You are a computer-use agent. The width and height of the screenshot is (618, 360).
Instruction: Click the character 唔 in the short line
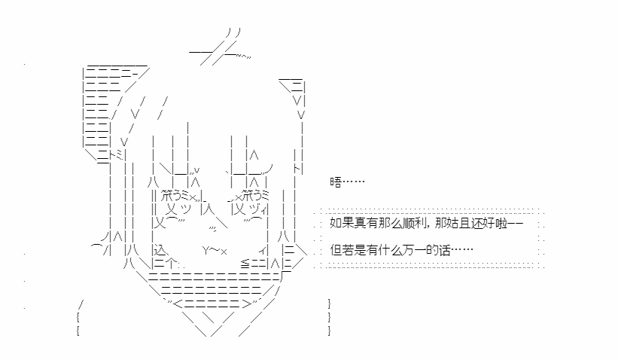(x=336, y=182)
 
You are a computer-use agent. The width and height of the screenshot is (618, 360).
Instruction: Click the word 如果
(x=342, y=224)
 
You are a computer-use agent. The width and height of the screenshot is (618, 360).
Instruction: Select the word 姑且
(x=458, y=224)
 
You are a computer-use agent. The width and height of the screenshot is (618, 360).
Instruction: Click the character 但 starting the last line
(x=336, y=250)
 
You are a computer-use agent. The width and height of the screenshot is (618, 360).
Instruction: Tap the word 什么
(x=390, y=250)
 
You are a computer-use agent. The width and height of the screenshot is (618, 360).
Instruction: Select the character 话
(x=445, y=250)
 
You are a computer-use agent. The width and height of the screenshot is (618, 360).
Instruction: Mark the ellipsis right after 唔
(x=354, y=182)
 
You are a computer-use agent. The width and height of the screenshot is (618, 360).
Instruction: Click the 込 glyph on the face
(x=161, y=250)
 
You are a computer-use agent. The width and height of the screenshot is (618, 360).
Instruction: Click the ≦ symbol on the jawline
(x=245, y=264)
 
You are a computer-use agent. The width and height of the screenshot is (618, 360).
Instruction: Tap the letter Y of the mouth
(x=206, y=250)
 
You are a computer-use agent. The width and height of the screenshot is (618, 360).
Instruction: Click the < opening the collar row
(x=178, y=304)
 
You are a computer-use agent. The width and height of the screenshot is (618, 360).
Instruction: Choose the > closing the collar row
(x=246, y=304)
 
